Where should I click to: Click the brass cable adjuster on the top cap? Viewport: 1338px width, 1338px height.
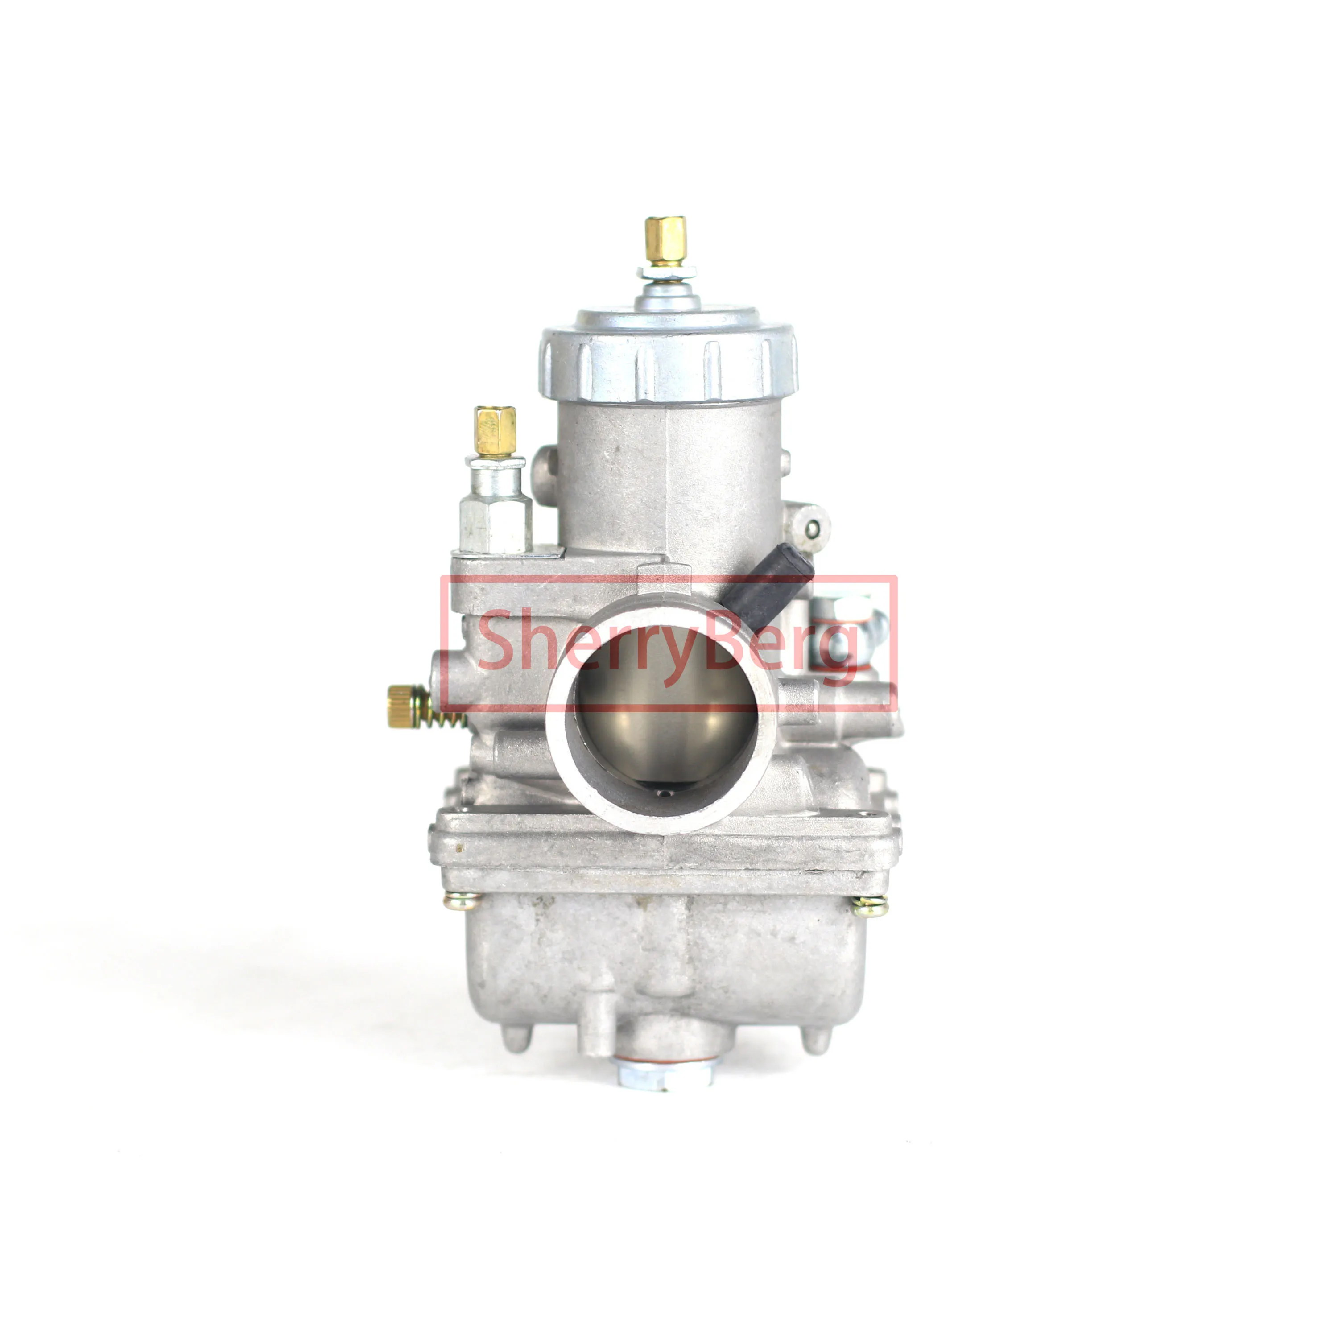point(665,240)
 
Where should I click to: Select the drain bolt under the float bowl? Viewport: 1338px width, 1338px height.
point(665,1074)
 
